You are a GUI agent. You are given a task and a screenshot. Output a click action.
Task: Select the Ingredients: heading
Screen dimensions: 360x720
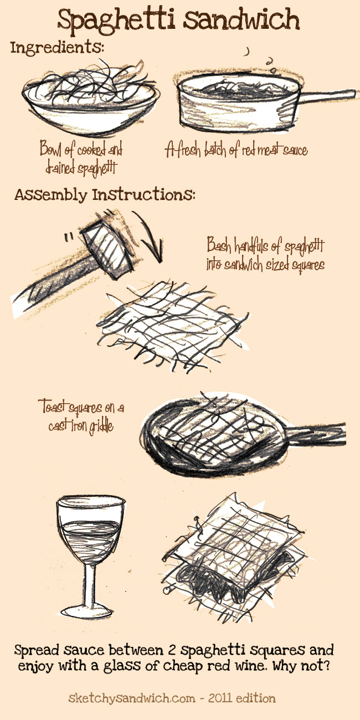tap(57, 48)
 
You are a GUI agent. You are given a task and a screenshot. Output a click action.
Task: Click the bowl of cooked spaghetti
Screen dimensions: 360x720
tap(91, 96)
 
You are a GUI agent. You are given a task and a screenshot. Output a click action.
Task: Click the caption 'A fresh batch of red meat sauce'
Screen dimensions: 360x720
tap(236, 150)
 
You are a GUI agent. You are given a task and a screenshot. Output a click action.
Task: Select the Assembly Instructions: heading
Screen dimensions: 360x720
tap(105, 194)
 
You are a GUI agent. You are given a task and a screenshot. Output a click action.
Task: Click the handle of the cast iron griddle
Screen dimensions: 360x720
tap(316, 435)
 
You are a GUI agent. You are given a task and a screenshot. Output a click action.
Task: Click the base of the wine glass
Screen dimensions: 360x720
tap(87, 613)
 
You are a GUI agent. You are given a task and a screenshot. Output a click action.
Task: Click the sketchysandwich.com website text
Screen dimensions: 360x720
tap(132, 698)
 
